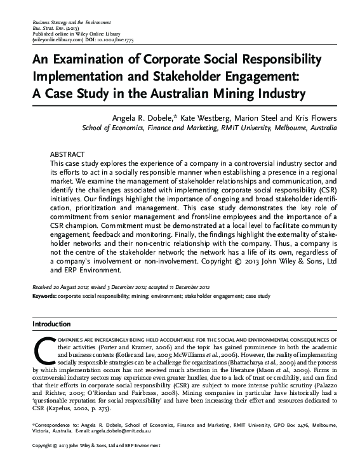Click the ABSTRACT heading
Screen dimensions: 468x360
click(x=67, y=155)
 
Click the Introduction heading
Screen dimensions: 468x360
click(x=51, y=324)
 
